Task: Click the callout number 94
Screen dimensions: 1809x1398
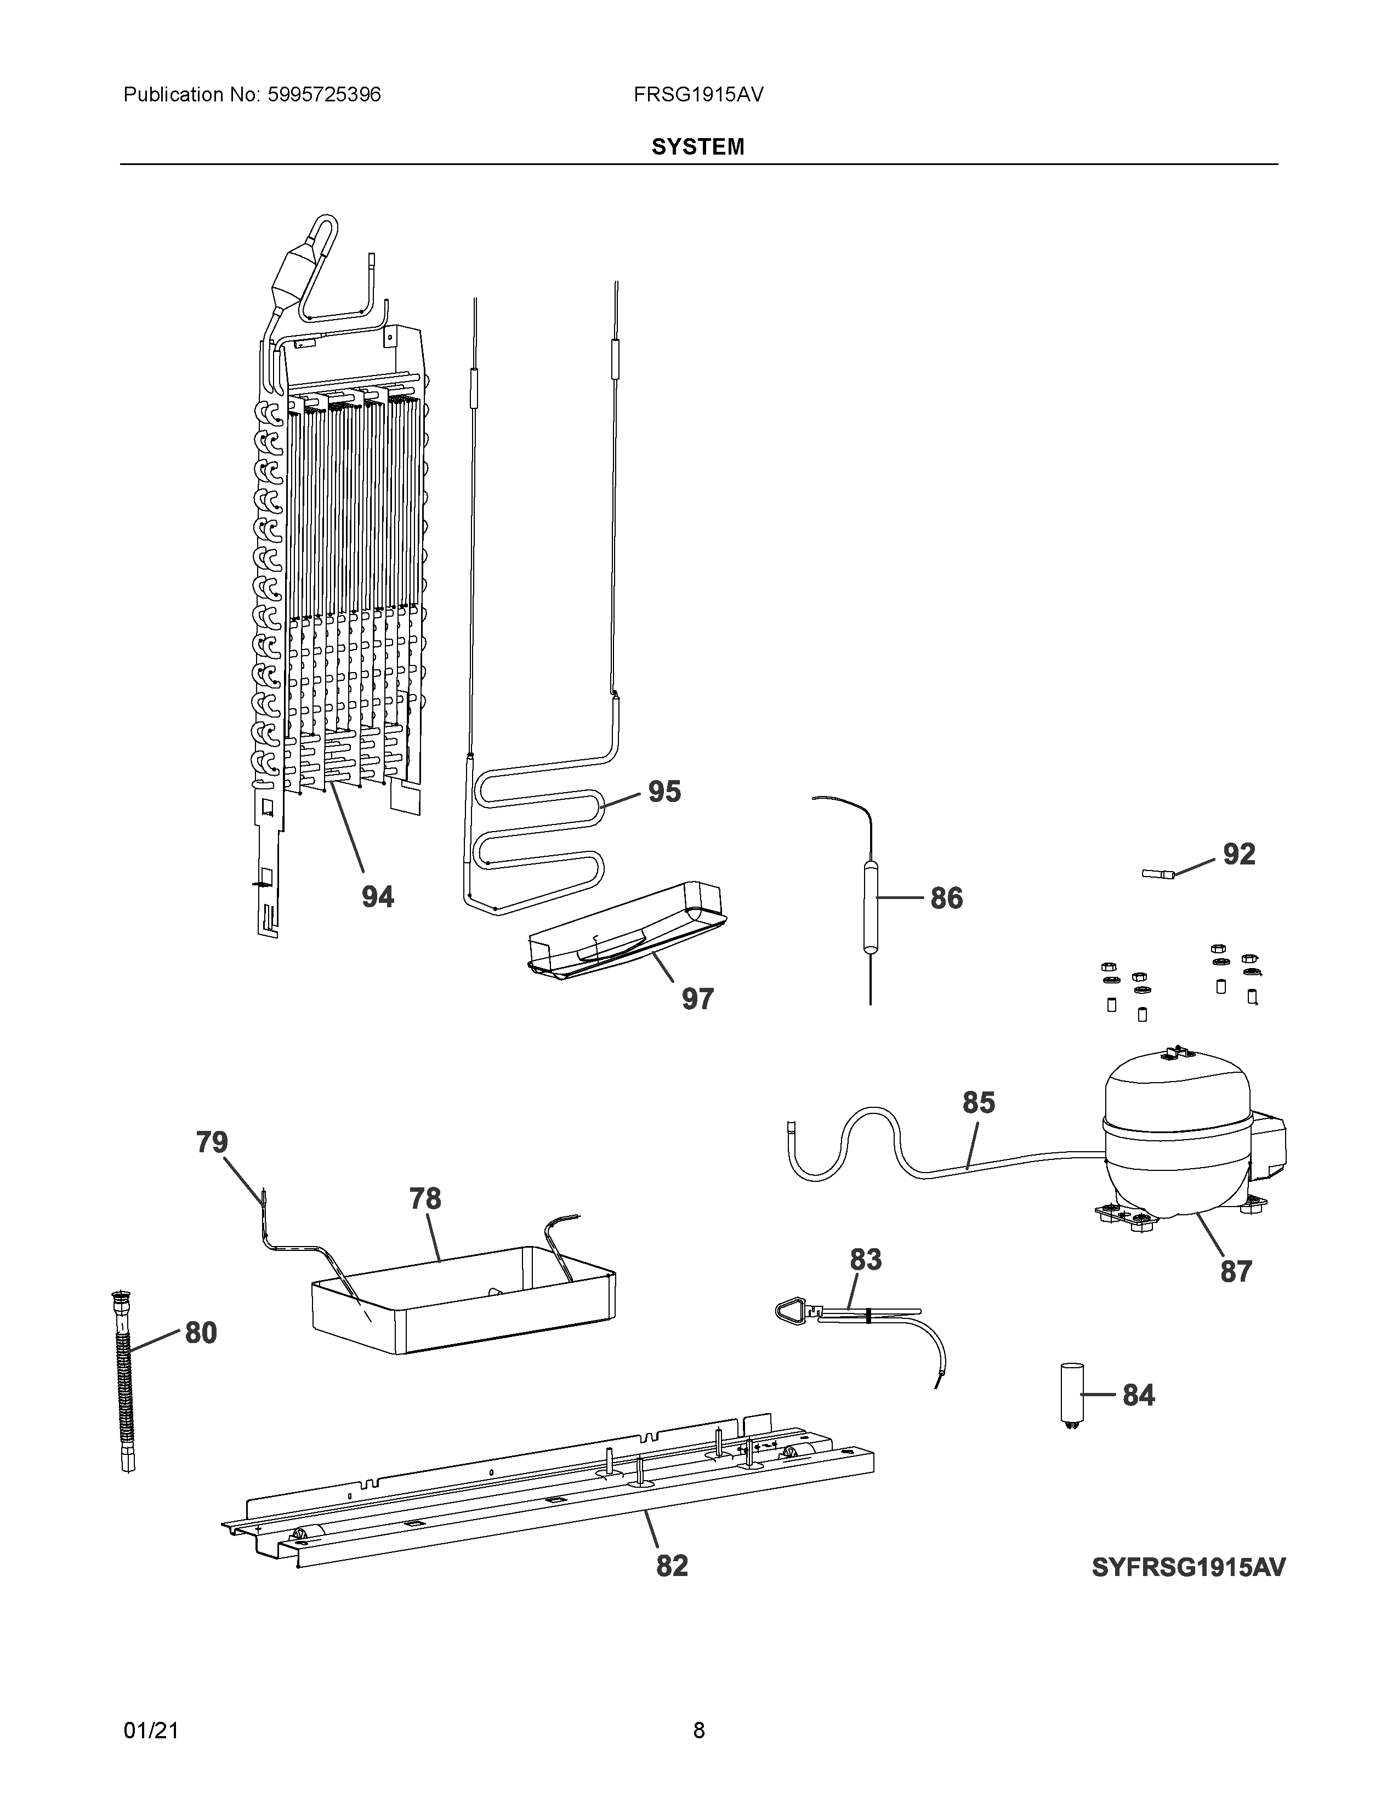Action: click(378, 896)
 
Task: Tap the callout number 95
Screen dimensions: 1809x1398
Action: click(664, 792)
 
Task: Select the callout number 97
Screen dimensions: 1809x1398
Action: click(697, 999)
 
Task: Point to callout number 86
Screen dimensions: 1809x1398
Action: click(947, 898)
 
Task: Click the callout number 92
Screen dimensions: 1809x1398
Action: click(1239, 854)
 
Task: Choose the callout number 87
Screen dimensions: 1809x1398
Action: click(1236, 1271)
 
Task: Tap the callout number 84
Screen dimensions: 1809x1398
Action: click(1139, 1395)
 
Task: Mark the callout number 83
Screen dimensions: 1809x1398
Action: click(866, 1260)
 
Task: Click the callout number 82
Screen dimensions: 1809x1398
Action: click(672, 1566)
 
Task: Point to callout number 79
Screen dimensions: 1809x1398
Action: click(212, 1142)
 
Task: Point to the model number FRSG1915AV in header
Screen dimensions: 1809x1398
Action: click(698, 94)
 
